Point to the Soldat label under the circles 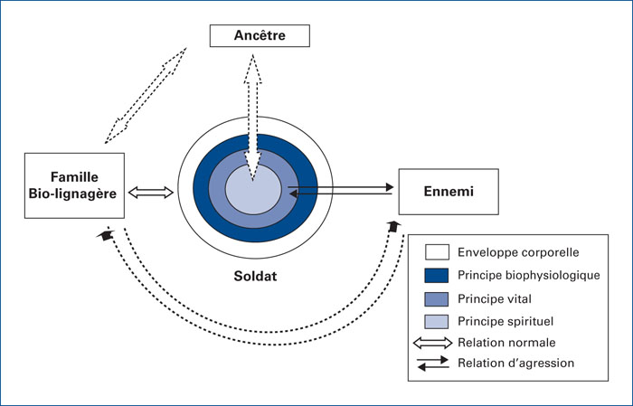tap(255, 276)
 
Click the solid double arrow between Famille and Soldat tap(151, 192)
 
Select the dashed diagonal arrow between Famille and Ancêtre tap(146, 95)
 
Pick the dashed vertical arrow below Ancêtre tap(252, 118)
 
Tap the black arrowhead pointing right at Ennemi tap(389, 187)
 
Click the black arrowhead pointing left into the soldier tap(294, 194)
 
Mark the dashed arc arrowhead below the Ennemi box tap(394, 226)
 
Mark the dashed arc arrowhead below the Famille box tap(106, 234)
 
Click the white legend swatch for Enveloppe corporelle tap(437, 252)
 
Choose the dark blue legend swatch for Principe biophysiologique tap(437, 275)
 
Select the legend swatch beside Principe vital tap(437, 299)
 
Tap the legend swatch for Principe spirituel tap(437, 322)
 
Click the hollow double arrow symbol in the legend tap(433, 343)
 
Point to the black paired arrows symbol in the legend tap(433, 364)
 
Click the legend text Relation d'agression tap(516, 364)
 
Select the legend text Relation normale tap(506, 343)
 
